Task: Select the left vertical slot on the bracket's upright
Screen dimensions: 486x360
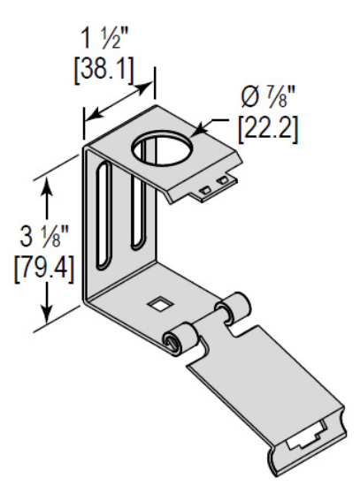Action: (x=104, y=216)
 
